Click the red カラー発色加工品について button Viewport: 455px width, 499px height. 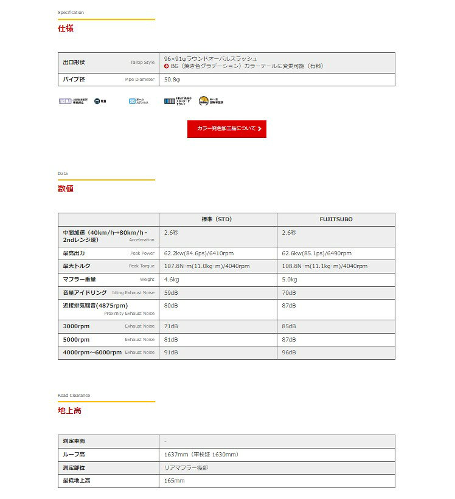(226, 129)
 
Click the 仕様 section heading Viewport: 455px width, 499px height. (66, 28)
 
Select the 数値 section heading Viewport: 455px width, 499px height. (66, 188)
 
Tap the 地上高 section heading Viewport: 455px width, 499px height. (69, 411)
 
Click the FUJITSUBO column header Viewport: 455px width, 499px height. (336, 219)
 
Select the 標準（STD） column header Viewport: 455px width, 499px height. (217, 219)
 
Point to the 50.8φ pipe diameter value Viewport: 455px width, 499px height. (173, 79)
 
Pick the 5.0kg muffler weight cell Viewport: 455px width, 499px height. (290, 280)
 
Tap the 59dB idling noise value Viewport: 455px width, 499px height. (171, 293)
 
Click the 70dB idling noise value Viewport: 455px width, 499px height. (289, 293)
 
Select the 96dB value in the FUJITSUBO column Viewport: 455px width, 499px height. (289, 353)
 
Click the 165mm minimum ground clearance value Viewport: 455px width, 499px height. (175, 481)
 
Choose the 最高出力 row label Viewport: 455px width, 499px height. (75, 253)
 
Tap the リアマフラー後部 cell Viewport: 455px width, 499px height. (186, 467)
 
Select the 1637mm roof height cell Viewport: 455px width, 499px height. (201, 454)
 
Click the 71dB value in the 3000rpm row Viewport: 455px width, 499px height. (171, 326)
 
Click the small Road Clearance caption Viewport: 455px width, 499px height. (74, 396)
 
